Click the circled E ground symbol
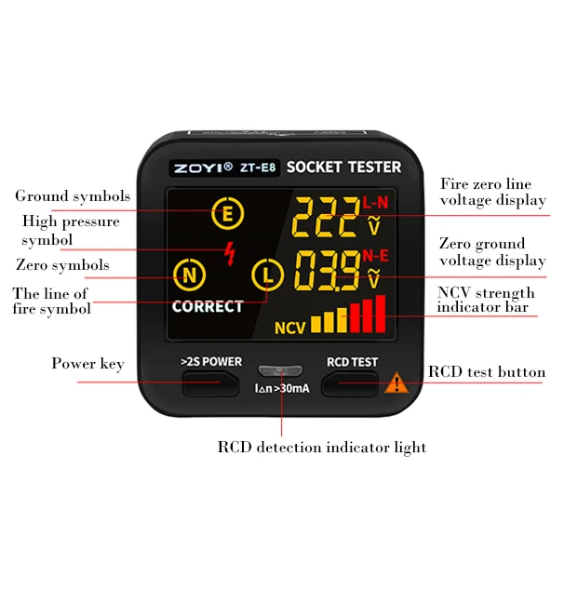[x=226, y=215]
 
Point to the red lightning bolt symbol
[x=230, y=251]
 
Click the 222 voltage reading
[x=325, y=220]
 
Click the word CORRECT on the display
[x=208, y=306]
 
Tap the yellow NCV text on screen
[x=289, y=328]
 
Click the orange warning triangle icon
[x=396, y=381]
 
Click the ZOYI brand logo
[x=201, y=168]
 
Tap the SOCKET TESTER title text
[x=343, y=168]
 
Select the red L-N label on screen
[x=376, y=202]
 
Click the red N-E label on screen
[x=376, y=254]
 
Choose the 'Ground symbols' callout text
[x=73, y=196]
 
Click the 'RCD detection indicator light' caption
[x=322, y=448]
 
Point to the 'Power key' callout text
[x=87, y=364]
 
